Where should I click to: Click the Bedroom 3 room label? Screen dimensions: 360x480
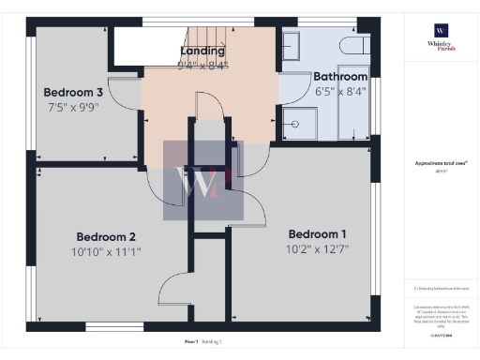pos(73,92)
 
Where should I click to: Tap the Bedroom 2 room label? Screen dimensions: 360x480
pos(106,236)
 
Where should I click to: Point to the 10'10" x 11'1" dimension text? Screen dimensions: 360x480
pos(107,251)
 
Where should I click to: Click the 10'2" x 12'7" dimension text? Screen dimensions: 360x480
pos(317,249)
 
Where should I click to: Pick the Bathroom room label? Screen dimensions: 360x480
pos(340,76)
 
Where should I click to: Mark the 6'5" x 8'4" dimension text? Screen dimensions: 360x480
pos(340,91)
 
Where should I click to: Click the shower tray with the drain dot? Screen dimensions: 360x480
pos(301,122)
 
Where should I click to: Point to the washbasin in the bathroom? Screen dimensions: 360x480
pos(289,44)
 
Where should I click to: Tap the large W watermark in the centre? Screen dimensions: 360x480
pos(203,181)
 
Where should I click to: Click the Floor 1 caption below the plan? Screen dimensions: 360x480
pos(191,342)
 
